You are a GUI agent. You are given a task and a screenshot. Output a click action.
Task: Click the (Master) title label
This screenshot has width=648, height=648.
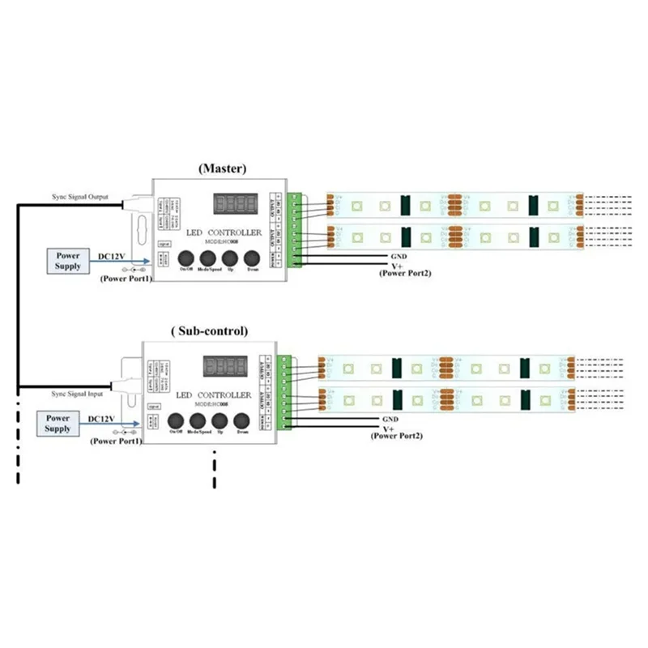[222, 168]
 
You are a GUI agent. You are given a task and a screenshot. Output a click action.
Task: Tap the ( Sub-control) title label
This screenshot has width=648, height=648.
[210, 330]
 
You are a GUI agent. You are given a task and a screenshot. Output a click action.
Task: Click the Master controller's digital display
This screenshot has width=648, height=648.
[235, 202]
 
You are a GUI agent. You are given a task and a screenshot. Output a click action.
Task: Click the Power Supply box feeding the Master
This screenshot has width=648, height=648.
[69, 261]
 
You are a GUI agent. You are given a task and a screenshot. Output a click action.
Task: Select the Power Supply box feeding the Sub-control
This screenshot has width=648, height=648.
[58, 423]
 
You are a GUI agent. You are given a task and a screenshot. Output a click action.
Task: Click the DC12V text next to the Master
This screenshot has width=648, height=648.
[113, 256]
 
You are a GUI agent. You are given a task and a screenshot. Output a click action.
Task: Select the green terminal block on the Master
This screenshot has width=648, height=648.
[295, 229]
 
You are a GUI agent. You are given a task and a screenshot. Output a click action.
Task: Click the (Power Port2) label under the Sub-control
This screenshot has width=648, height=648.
[396, 437]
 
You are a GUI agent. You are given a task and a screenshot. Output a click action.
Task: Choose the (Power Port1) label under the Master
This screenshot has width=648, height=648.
[126, 278]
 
